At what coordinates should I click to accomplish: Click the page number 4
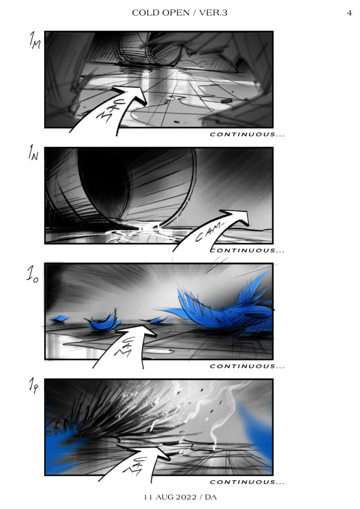click(x=349, y=13)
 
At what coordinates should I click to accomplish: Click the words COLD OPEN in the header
click(x=161, y=12)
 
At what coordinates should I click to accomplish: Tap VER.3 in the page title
click(x=213, y=12)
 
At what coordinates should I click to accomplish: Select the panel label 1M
click(x=35, y=40)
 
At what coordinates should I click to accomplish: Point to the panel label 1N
click(x=33, y=153)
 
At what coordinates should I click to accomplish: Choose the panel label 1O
click(x=32, y=274)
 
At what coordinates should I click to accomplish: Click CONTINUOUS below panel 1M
click(x=247, y=134)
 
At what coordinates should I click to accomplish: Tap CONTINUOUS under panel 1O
click(x=247, y=366)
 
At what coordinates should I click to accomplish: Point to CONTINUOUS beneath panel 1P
click(x=247, y=482)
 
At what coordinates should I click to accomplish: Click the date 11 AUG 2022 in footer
click(x=170, y=497)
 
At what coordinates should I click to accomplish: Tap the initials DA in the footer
click(x=211, y=497)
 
